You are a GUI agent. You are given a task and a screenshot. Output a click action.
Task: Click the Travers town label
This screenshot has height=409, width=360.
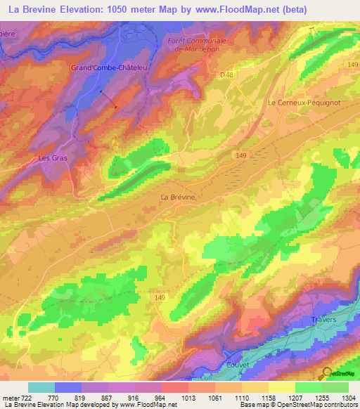323,320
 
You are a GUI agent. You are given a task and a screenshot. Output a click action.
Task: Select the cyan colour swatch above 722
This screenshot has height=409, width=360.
41,387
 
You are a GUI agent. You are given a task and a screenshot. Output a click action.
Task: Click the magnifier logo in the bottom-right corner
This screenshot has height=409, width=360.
328,372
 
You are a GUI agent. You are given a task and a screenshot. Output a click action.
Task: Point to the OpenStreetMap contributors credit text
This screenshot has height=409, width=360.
316,405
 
